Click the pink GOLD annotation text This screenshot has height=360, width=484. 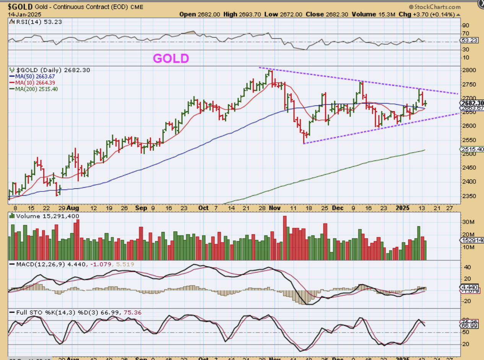pos(171,58)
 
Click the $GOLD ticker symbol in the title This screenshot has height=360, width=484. pos(20,6)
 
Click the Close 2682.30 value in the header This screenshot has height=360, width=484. pos(341,15)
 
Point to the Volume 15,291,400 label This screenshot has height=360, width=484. pos(45,216)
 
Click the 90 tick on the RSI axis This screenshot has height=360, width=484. pos(466,25)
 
